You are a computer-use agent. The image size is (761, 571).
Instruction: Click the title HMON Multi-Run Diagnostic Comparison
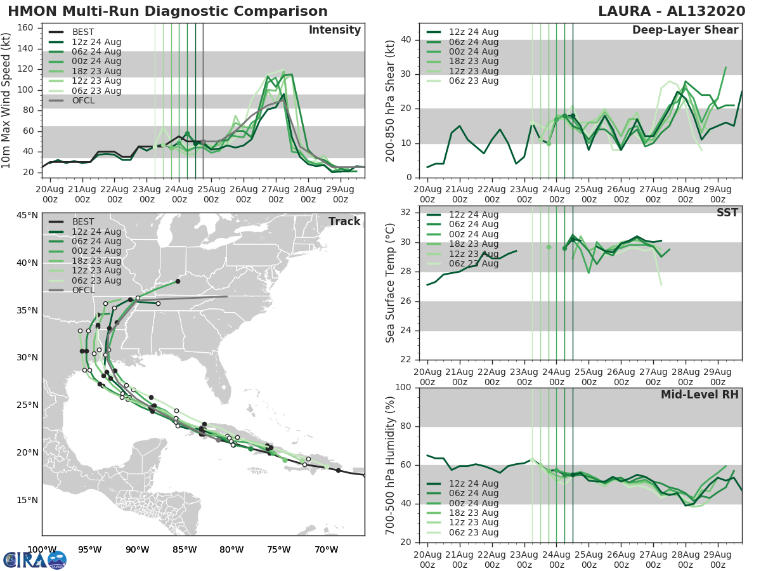[167, 11]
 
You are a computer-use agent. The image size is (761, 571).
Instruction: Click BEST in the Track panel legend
[82, 221]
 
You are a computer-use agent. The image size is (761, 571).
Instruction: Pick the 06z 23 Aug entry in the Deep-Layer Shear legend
[473, 81]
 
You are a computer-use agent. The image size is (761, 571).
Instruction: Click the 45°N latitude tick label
[27, 215]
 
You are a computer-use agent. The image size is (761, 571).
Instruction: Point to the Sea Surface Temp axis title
[391, 284]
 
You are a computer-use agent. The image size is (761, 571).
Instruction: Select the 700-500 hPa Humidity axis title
[391, 464]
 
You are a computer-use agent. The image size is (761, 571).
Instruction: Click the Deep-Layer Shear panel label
[685, 30]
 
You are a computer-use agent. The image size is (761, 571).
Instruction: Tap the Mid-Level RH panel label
[699, 395]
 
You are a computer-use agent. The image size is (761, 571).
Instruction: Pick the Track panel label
[344, 221]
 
